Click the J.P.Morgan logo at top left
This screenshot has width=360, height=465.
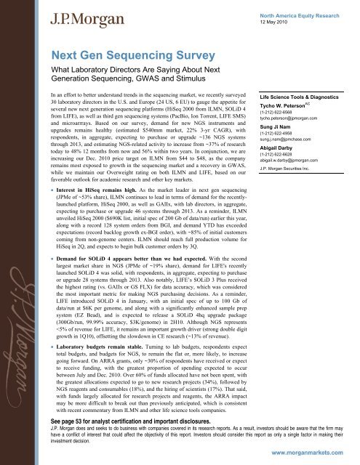tap(49, 15)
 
